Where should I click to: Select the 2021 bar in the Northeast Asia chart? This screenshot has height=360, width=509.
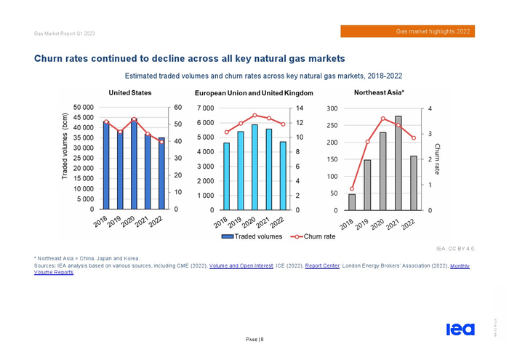point(398,163)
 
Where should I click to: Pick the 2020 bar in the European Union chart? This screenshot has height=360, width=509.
point(254,167)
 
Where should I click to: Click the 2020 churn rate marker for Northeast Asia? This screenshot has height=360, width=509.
point(383,119)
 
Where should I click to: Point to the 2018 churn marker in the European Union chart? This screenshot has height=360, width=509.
point(226,132)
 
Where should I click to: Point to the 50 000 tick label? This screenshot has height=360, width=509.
point(78,108)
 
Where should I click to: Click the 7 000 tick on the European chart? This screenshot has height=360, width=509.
point(205,108)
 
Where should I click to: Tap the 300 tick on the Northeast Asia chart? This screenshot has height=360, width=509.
point(332,108)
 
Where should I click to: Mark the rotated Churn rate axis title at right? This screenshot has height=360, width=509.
point(438,159)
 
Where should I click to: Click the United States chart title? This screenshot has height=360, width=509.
point(130,92)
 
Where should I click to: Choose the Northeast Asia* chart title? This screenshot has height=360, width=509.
point(379,92)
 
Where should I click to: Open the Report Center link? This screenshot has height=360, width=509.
point(322,266)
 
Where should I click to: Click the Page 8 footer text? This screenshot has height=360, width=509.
point(254,339)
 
